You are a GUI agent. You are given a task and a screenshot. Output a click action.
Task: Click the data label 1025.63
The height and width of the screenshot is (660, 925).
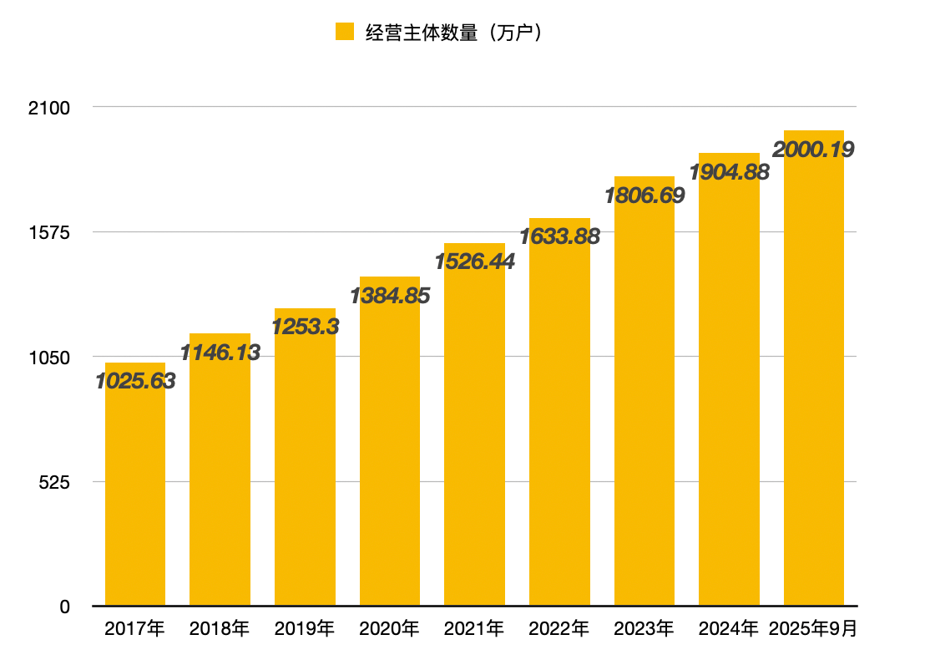pyautogui.click(x=135, y=381)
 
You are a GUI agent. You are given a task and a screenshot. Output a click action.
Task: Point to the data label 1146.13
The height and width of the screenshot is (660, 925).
pyautogui.click(x=220, y=353)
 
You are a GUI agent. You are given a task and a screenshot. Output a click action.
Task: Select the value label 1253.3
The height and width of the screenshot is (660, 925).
pyautogui.click(x=305, y=327)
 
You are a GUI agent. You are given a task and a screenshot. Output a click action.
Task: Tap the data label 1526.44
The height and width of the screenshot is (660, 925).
pyautogui.click(x=474, y=261)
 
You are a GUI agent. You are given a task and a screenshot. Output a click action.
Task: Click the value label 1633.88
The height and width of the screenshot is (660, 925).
pyautogui.click(x=559, y=236)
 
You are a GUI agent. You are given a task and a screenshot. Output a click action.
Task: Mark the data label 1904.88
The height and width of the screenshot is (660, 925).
pyautogui.click(x=729, y=171)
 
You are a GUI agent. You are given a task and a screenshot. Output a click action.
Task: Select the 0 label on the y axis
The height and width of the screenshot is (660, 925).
pyautogui.click(x=64, y=607)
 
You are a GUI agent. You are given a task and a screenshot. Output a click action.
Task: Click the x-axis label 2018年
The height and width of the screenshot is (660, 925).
pyautogui.click(x=220, y=629)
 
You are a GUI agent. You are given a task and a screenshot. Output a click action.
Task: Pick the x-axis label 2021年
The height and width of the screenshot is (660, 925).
pyautogui.click(x=474, y=629)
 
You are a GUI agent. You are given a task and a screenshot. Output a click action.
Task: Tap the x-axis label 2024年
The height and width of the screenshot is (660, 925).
pyautogui.click(x=729, y=629)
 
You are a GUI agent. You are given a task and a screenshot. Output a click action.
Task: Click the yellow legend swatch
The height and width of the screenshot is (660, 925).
pyautogui.click(x=345, y=33)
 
